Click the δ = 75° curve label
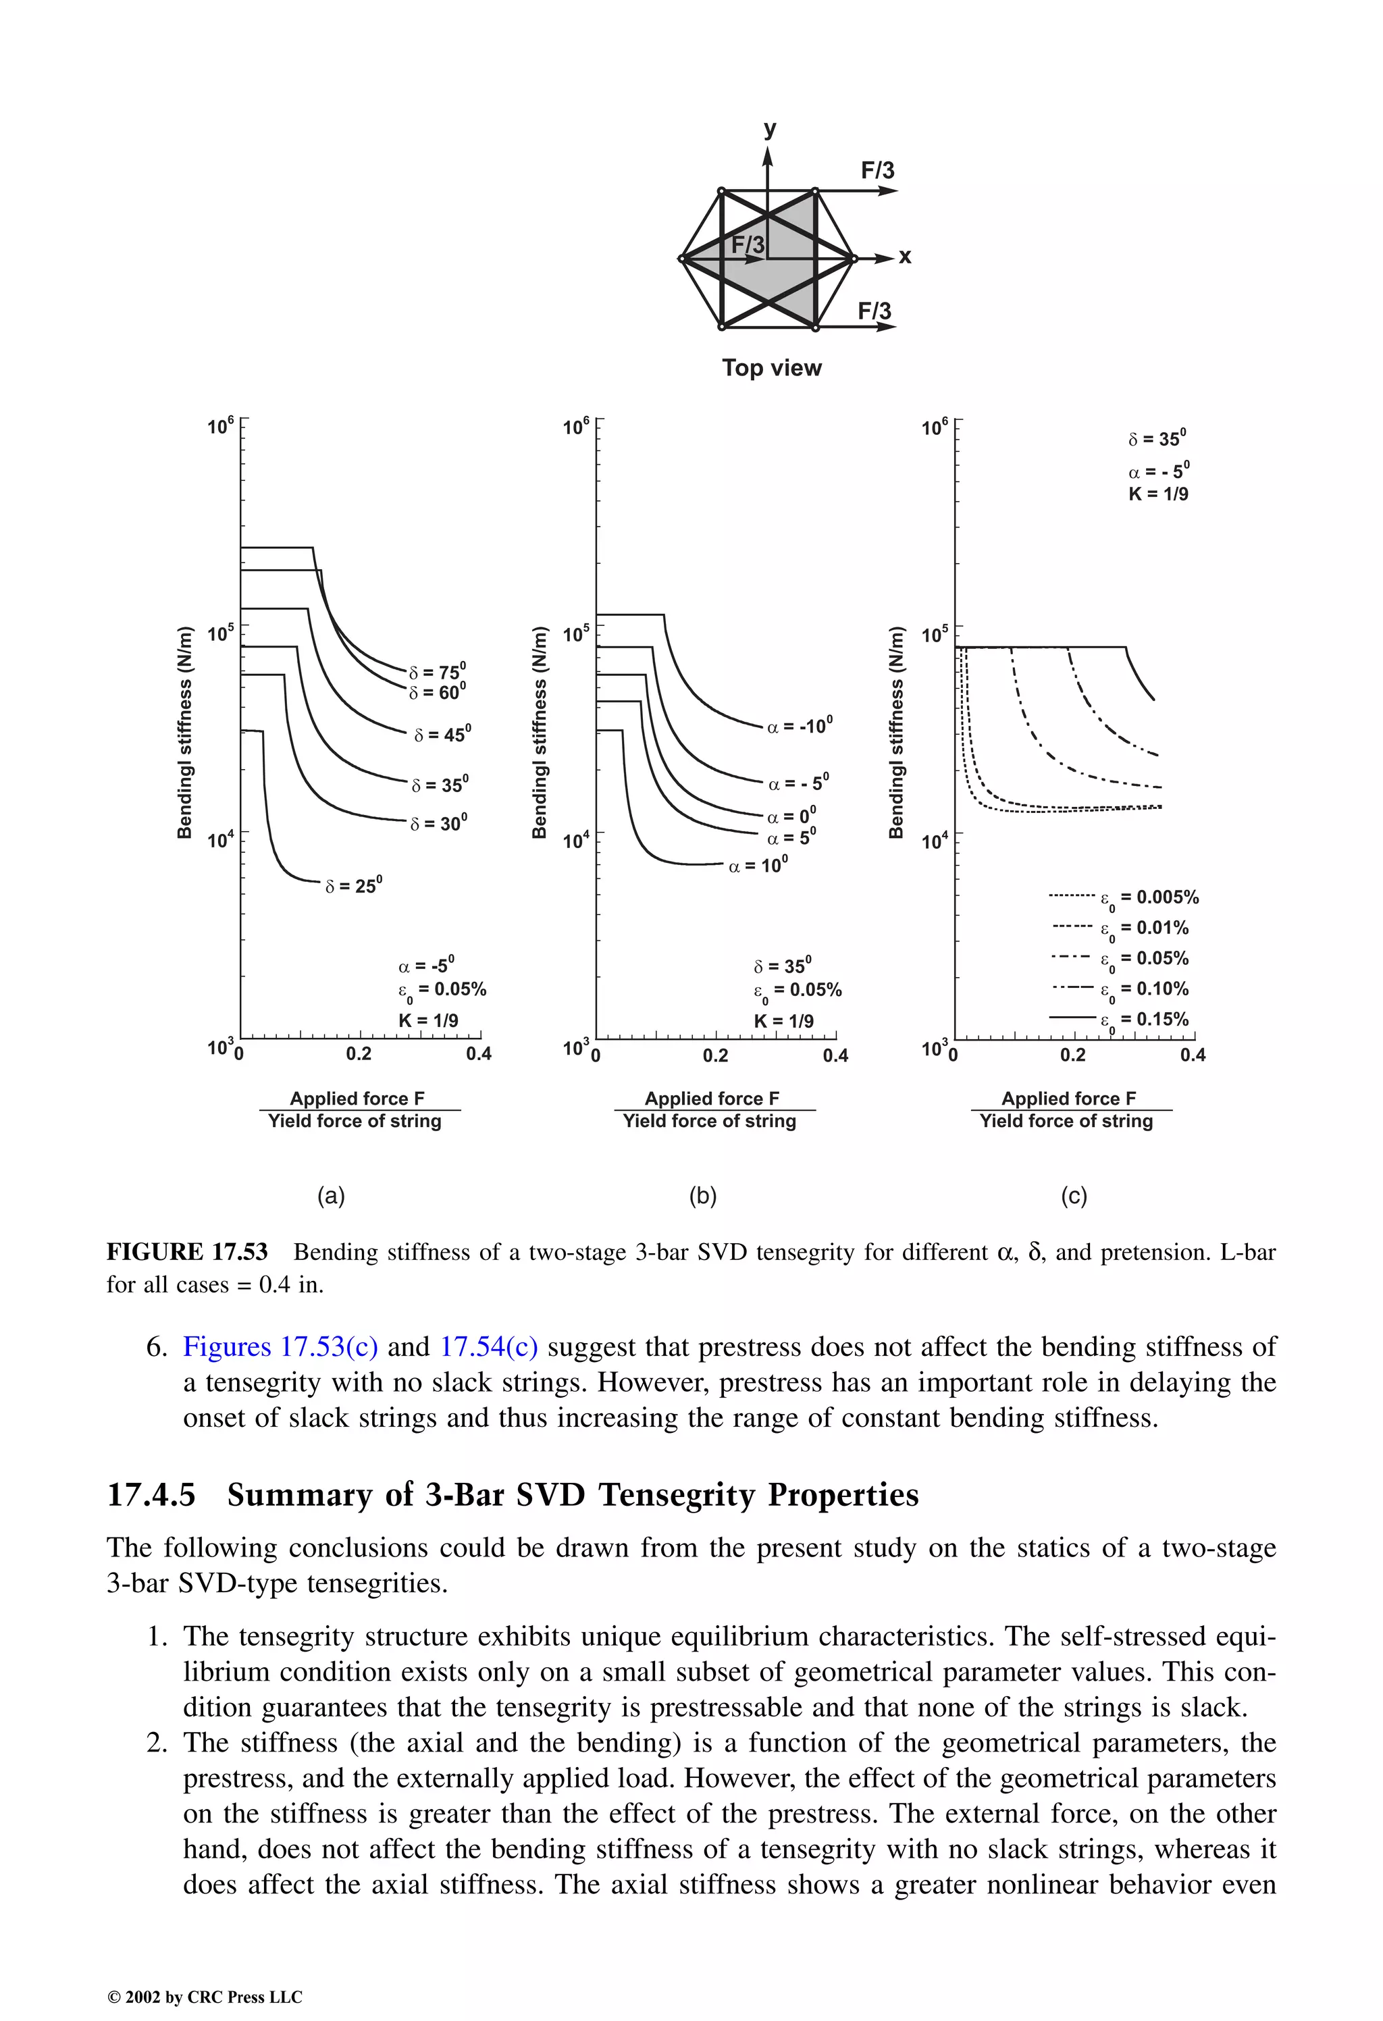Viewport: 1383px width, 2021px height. (438, 671)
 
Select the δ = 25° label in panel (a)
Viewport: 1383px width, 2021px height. (353, 885)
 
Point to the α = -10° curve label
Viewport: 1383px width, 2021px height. (800, 725)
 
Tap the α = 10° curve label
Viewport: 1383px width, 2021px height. (758, 865)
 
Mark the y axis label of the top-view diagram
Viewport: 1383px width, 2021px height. (769, 129)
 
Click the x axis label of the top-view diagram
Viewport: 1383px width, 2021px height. (905, 257)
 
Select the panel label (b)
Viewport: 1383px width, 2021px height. (703, 1196)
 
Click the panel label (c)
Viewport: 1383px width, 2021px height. (1073, 1196)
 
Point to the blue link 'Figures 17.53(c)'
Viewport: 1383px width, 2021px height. (280, 1347)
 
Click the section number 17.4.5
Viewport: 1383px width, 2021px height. (151, 1495)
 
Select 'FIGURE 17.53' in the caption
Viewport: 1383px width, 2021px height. (187, 1253)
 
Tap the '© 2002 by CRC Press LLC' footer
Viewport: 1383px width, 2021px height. (205, 1997)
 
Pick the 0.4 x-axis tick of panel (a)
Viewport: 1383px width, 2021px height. (478, 1055)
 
